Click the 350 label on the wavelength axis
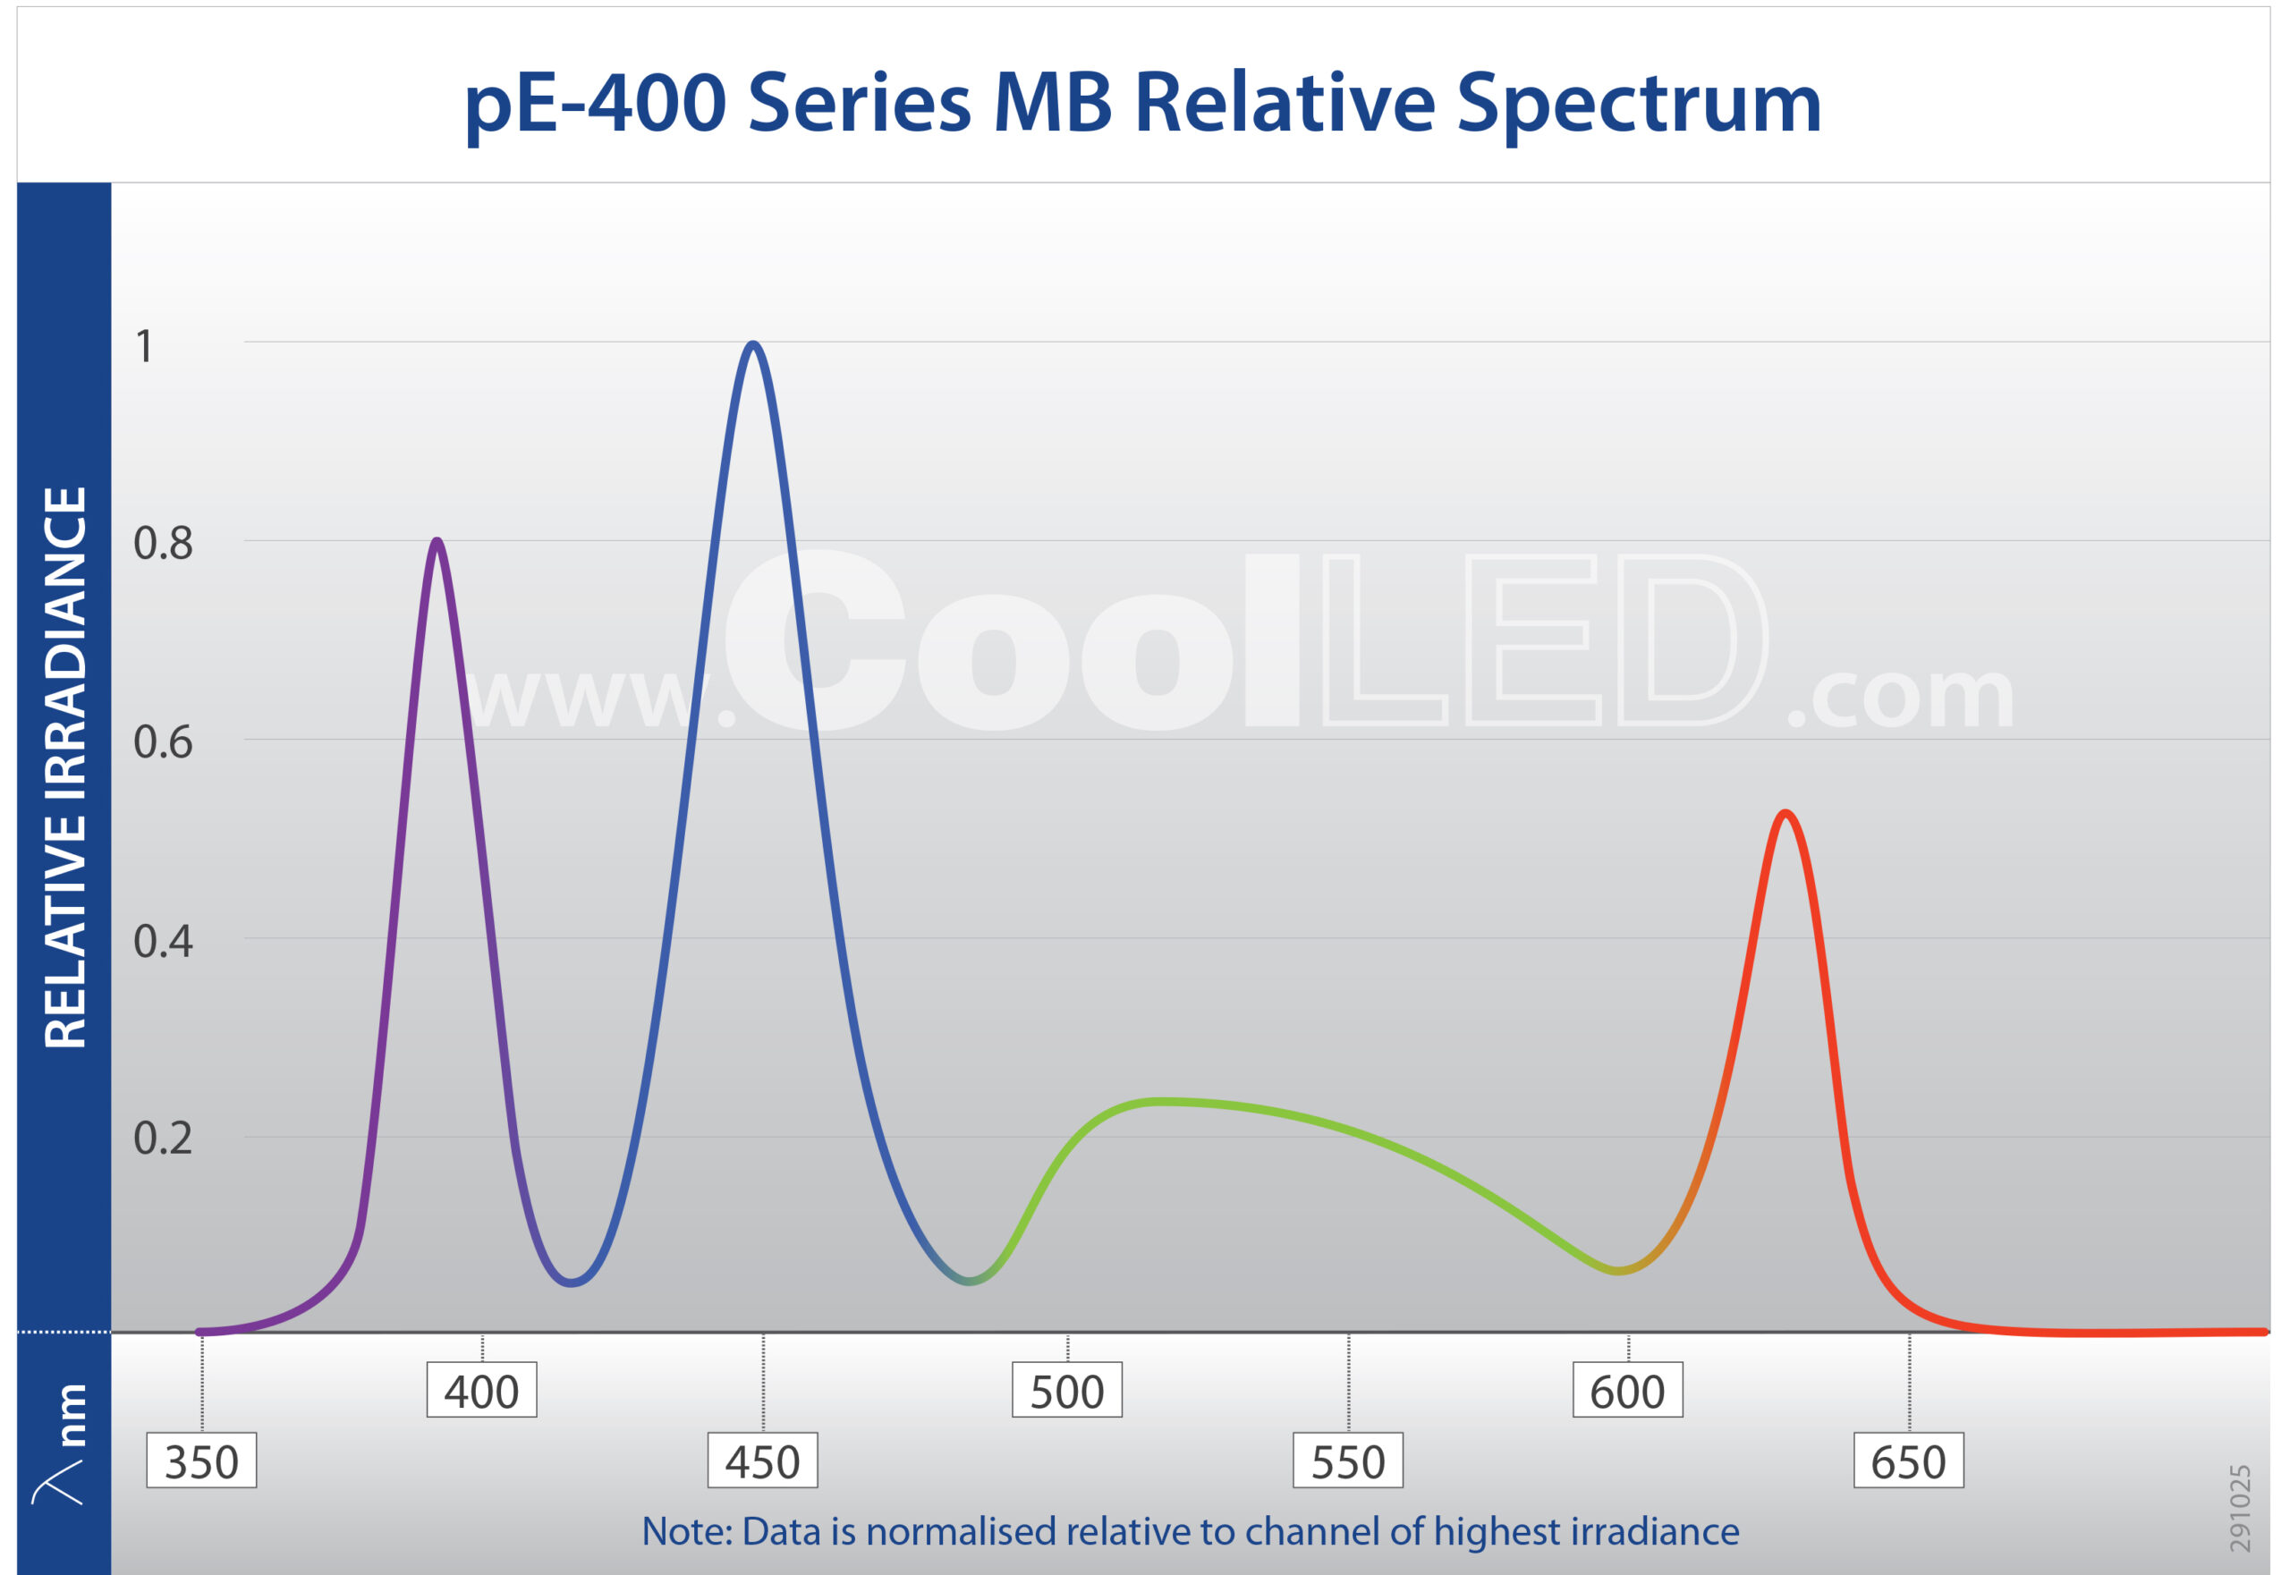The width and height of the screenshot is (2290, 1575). pos(201,1461)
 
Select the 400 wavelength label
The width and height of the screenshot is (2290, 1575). pos(481,1392)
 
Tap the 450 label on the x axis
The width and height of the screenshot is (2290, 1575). pos(762,1461)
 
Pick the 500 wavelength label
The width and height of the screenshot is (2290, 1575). pos(1067,1392)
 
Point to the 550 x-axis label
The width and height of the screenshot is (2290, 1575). pos(1347,1461)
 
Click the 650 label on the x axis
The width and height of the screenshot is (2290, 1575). pos(1908,1461)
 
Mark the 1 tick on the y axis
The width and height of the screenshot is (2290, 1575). pos(144,346)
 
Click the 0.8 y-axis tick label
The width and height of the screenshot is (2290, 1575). pos(163,544)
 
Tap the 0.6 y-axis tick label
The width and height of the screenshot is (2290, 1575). pos(163,742)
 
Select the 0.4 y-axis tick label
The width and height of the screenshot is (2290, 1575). pos(163,942)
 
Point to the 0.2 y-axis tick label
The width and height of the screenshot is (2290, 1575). pos(163,1139)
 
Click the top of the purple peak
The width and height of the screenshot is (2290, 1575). pos(437,541)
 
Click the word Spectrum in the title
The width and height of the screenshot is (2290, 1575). pos(1639,104)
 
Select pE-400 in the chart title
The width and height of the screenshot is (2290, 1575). pos(595,104)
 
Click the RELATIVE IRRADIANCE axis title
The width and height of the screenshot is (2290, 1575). pos(66,766)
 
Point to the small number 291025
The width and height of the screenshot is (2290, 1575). pos(2240,1507)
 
